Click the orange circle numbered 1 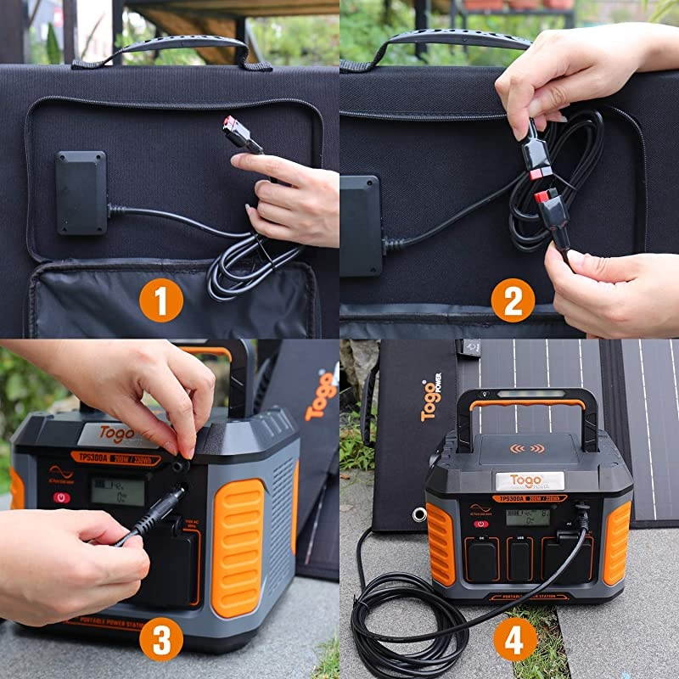[161, 301]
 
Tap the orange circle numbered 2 [513, 300]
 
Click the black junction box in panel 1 [81, 193]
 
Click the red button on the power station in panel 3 [62, 497]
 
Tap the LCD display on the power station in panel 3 [117, 491]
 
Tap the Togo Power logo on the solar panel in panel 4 [431, 400]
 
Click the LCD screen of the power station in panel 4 [527, 516]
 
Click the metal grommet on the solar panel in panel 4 [418, 514]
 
